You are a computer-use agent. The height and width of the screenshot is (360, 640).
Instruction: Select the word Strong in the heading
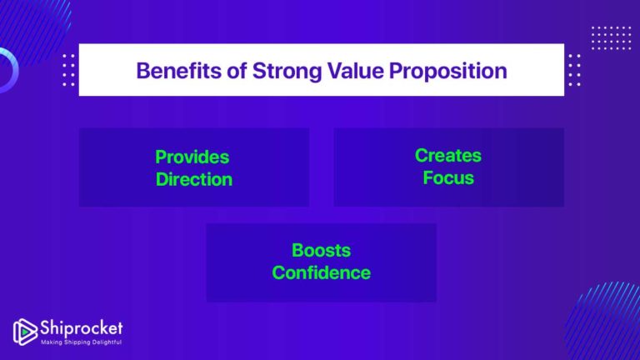(273, 70)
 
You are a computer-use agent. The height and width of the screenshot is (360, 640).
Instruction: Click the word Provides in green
(192, 157)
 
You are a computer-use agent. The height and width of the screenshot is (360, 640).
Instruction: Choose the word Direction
(193, 179)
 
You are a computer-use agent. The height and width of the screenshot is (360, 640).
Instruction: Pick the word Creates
(447, 155)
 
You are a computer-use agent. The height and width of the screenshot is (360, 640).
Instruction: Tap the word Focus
(447, 177)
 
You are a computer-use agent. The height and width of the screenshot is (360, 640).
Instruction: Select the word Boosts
(321, 250)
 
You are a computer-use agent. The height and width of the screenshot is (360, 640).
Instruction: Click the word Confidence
(321, 272)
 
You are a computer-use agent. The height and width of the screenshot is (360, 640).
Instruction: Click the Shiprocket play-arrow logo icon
(24, 331)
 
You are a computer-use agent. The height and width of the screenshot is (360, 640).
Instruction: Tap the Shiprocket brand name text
(81, 327)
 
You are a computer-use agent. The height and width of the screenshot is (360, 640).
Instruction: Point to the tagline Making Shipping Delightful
(82, 342)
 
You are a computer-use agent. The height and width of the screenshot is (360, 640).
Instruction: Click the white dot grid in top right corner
(611, 38)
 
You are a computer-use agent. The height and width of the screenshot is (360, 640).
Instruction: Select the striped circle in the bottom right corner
(607, 325)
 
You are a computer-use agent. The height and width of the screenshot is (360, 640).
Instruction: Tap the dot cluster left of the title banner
(68, 70)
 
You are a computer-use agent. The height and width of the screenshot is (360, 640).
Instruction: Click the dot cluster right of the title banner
(574, 70)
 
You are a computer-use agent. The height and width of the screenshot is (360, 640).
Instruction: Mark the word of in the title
(229, 70)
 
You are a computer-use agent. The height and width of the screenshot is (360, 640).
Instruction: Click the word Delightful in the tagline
(107, 342)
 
